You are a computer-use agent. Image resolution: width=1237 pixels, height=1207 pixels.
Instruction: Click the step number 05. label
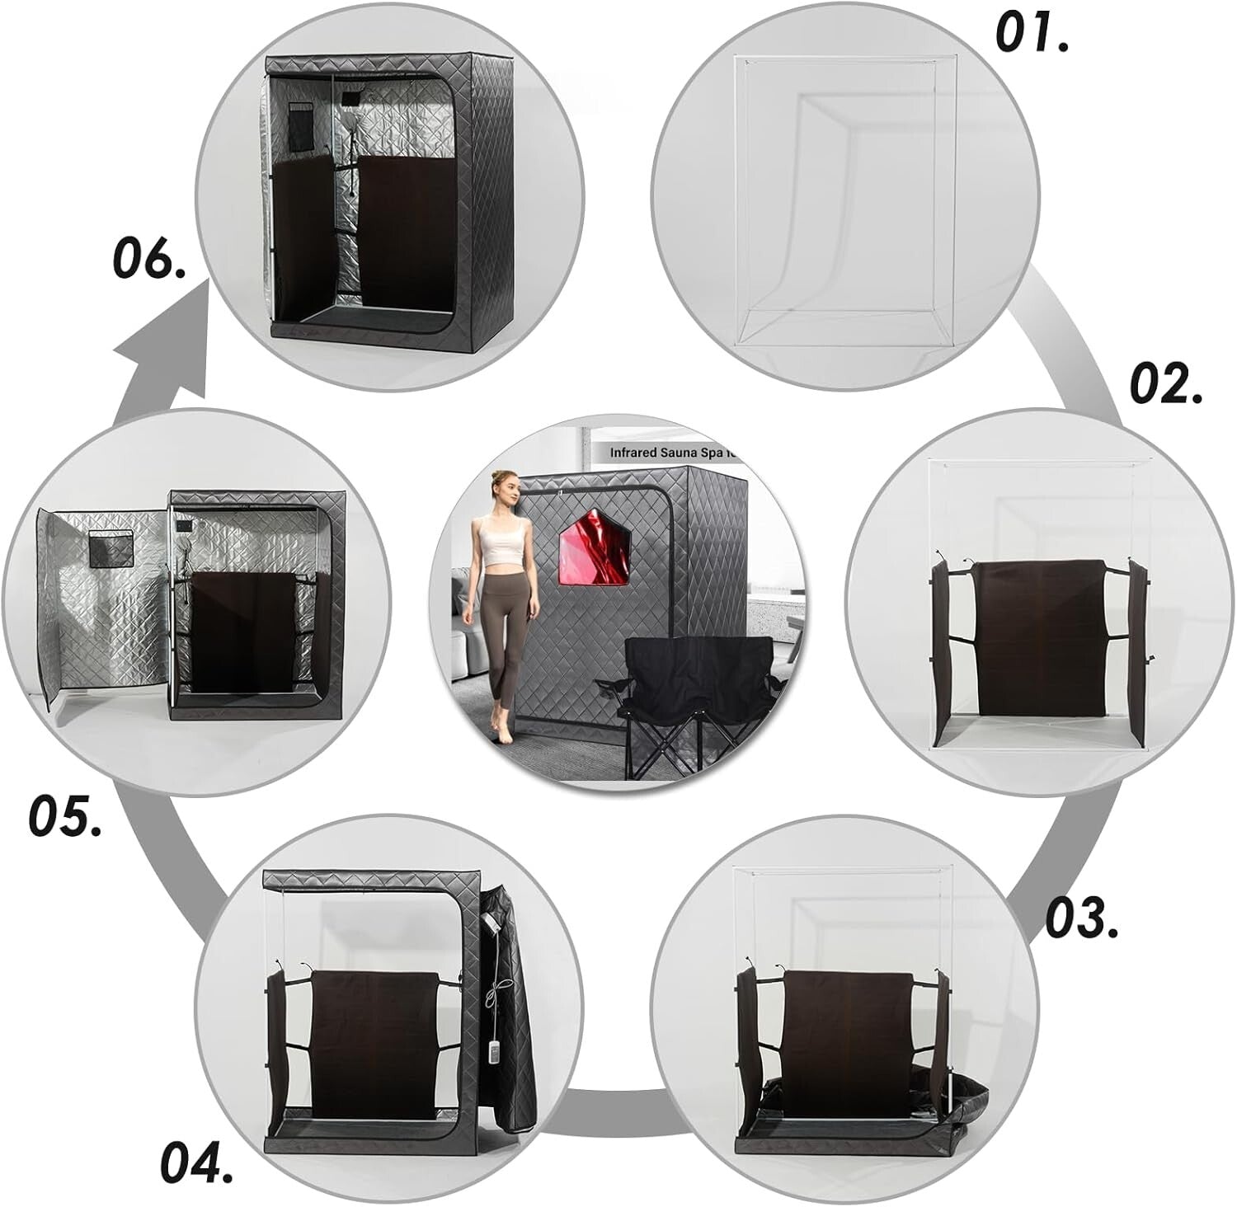66,815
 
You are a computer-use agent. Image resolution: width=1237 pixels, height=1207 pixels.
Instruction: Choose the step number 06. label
148,259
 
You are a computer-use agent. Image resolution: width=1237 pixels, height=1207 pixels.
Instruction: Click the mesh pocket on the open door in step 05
110,549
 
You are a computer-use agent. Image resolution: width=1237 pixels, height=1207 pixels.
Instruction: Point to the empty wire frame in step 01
845,198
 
